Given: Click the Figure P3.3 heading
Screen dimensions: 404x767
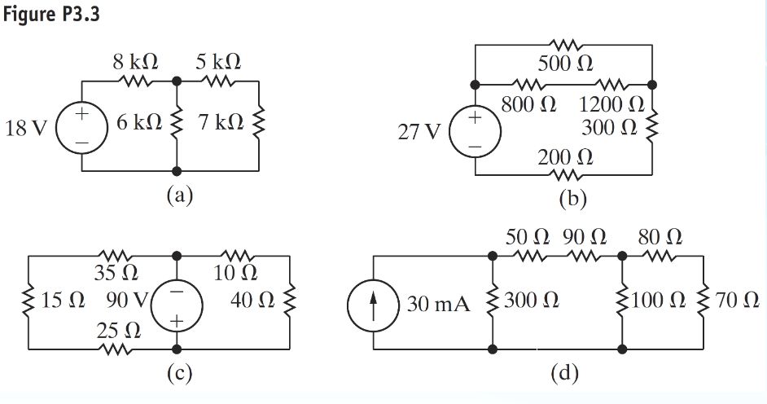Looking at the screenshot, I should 50,15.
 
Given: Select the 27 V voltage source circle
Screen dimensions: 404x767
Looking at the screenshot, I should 476,132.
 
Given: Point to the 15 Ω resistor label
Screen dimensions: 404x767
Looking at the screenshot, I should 62,301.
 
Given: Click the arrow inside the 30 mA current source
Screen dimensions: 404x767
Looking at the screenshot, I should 373,304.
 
